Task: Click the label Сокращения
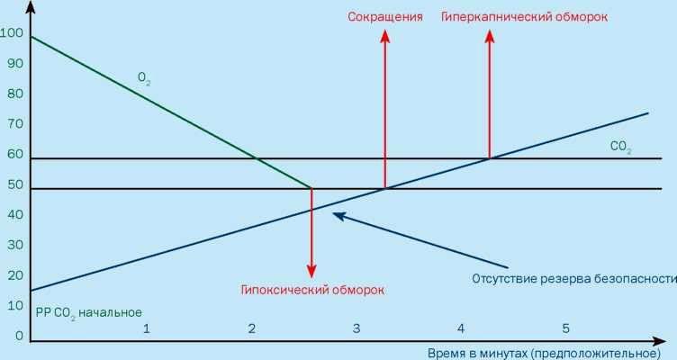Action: pos(385,17)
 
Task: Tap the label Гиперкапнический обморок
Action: pos(525,17)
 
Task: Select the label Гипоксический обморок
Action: pos(312,290)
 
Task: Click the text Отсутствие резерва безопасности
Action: pos(574,279)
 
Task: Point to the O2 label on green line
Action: pos(144,78)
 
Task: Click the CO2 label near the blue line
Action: pos(621,148)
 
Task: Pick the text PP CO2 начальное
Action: pos(89,313)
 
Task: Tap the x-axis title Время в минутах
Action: pos(544,353)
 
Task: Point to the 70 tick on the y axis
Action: pos(15,124)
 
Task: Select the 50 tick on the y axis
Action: pos(15,184)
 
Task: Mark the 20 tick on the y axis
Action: pos(15,275)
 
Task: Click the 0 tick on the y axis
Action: pos(19,336)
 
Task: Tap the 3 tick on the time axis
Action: pos(357,328)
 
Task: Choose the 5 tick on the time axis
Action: pos(565,328)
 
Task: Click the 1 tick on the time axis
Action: pos(147,328)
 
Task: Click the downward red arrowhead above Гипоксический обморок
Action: pos(311,272)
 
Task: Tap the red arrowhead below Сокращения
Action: pos(385,37)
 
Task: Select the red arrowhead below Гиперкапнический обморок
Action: pos(490,37)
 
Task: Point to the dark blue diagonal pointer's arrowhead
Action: pos(338,215)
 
